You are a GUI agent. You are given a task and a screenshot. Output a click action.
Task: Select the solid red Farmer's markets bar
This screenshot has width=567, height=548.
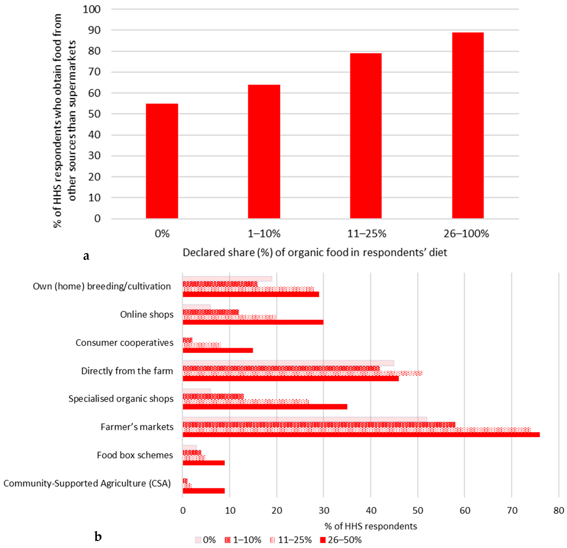point(361,435)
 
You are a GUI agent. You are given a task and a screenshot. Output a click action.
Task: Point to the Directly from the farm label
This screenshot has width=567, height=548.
point(127,371)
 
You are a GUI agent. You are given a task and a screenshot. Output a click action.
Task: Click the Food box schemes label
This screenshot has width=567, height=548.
point(135,455)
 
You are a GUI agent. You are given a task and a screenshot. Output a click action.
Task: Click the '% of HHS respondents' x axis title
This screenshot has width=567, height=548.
point(371,526)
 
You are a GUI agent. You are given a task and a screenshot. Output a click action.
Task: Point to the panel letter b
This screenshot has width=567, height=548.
point(98,537)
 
